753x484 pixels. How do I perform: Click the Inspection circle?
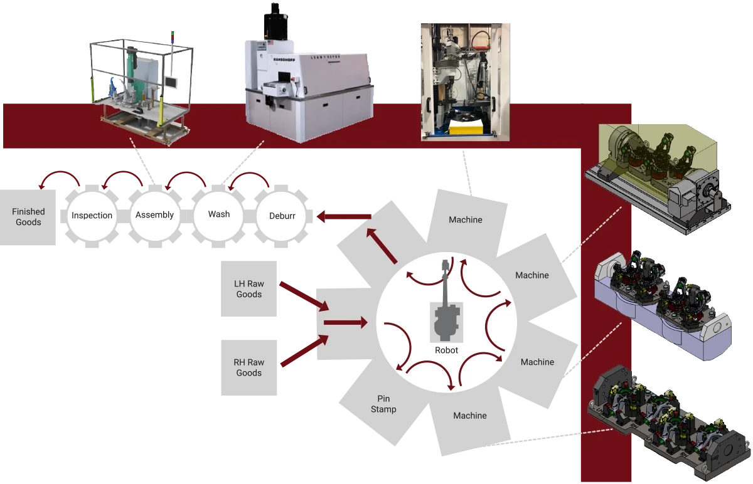pyautogui.click(x=92, y=216)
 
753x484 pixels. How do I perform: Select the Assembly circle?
pyautogui.click(x=154, y=215)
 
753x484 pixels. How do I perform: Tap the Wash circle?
pyautogui.click(x=219, y=214)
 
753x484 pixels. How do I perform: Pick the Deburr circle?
pyautogui.click(x=282, y=216)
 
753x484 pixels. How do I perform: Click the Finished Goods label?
pyautogui.click(x=28, y=217)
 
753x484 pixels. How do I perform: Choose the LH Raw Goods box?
pyautogui.click(x=249, y=289)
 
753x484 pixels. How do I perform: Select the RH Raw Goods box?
pyautogui.click(x=249, y=367)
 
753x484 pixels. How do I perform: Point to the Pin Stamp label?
pyautogui.click(x=383, y=404)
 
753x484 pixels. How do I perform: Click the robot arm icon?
pyautogui.click(x=446, y=307)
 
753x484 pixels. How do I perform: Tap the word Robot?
pyautogui.click(x=446, y=350)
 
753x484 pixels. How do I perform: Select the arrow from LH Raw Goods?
pyautogui.click(x=304, y=296)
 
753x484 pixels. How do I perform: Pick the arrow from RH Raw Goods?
pyautogui.click(x=304, y=351)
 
